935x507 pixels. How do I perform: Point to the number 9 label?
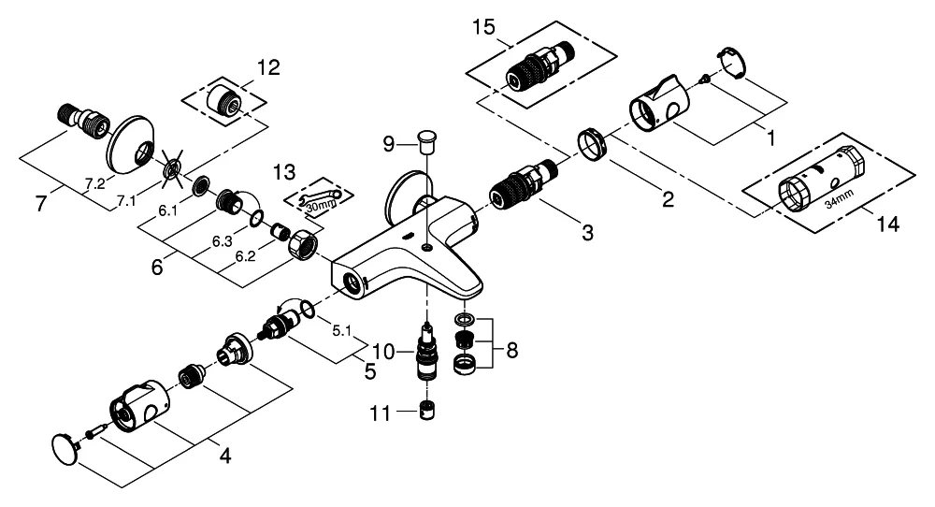[390, 144]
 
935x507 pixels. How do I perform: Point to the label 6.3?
[223, 240]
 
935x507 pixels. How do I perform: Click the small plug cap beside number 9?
[426, 141]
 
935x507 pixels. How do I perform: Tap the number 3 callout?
[586, 233]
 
